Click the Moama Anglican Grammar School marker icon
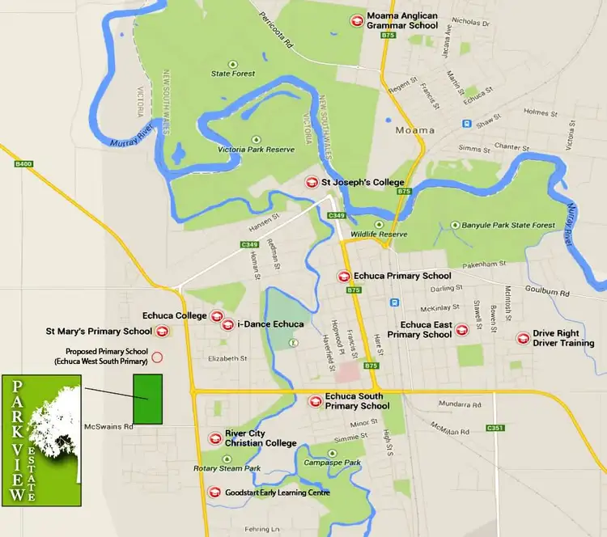click(x=354, y=21)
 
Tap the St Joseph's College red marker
click(x=312, y=182)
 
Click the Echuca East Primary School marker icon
click(x=461, y=329)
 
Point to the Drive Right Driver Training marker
click(x=523, y=337)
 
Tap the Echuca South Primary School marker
click(x=316, y=400)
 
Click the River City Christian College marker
click(x=215, y=438)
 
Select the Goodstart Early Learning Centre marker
click(x=214, y=492)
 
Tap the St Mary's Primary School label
click(x=98, y=331)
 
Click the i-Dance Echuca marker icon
click(x=227, y=324)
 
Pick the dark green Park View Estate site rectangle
click(x=147, y=399)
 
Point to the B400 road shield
click(x=24, y=164)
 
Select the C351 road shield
click(x=495, y=427)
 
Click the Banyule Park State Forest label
click(x=507, y=225)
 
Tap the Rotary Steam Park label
click(x=227, y=468)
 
